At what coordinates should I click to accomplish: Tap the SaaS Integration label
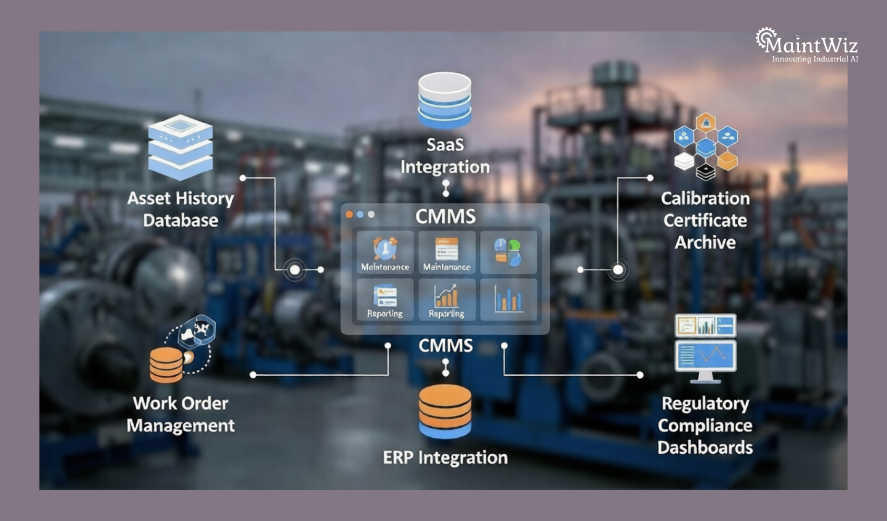point(445,156)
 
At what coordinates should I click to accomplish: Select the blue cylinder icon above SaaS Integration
point(445,100)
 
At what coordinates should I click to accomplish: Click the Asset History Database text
point(180,210)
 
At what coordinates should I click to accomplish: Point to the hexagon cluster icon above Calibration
point(705,146)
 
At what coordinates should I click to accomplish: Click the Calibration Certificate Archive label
point(705,220)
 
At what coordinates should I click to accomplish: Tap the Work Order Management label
point(180,414)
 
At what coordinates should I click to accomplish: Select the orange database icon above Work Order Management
point(166,364)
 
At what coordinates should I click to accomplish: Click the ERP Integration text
point(445,457)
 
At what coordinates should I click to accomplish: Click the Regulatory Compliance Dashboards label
point(705,425)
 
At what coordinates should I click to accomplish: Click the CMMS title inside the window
point(445,216)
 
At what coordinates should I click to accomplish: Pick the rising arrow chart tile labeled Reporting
point(447,300)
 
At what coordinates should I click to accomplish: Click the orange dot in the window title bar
point(349,215)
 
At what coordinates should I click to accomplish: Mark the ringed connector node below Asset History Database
point(295,270)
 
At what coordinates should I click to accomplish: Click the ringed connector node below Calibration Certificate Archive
point(618,270)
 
